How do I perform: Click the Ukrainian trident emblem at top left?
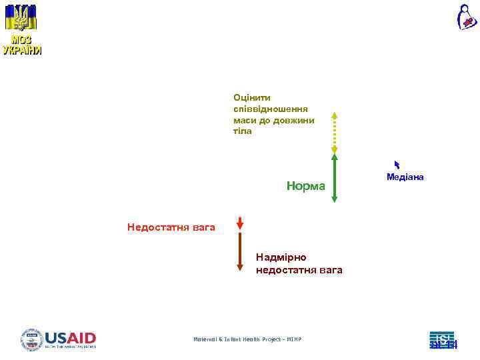click(x=22, y=17)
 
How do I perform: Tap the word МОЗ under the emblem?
click(x=21, y=40)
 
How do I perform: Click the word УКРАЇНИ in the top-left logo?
click(x=21, y=51)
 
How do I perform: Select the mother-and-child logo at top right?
click(x=466, y=17)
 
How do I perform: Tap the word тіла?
click(x=243, y=131)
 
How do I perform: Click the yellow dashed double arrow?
click(x=335, y=133)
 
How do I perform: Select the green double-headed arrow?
click(x=335, y=178)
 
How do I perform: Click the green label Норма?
click(x=305, y=186)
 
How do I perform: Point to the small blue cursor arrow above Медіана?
click(x=397, y=165)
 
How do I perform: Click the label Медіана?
click(x=405, y=177)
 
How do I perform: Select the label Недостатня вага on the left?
click(x=171, y=228)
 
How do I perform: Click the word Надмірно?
click(x=281, y=257)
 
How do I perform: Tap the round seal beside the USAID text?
click(x=32, y=339)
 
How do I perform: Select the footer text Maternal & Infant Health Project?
click(x=247, y=339)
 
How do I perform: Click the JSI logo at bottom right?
click(x=442, y=339)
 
